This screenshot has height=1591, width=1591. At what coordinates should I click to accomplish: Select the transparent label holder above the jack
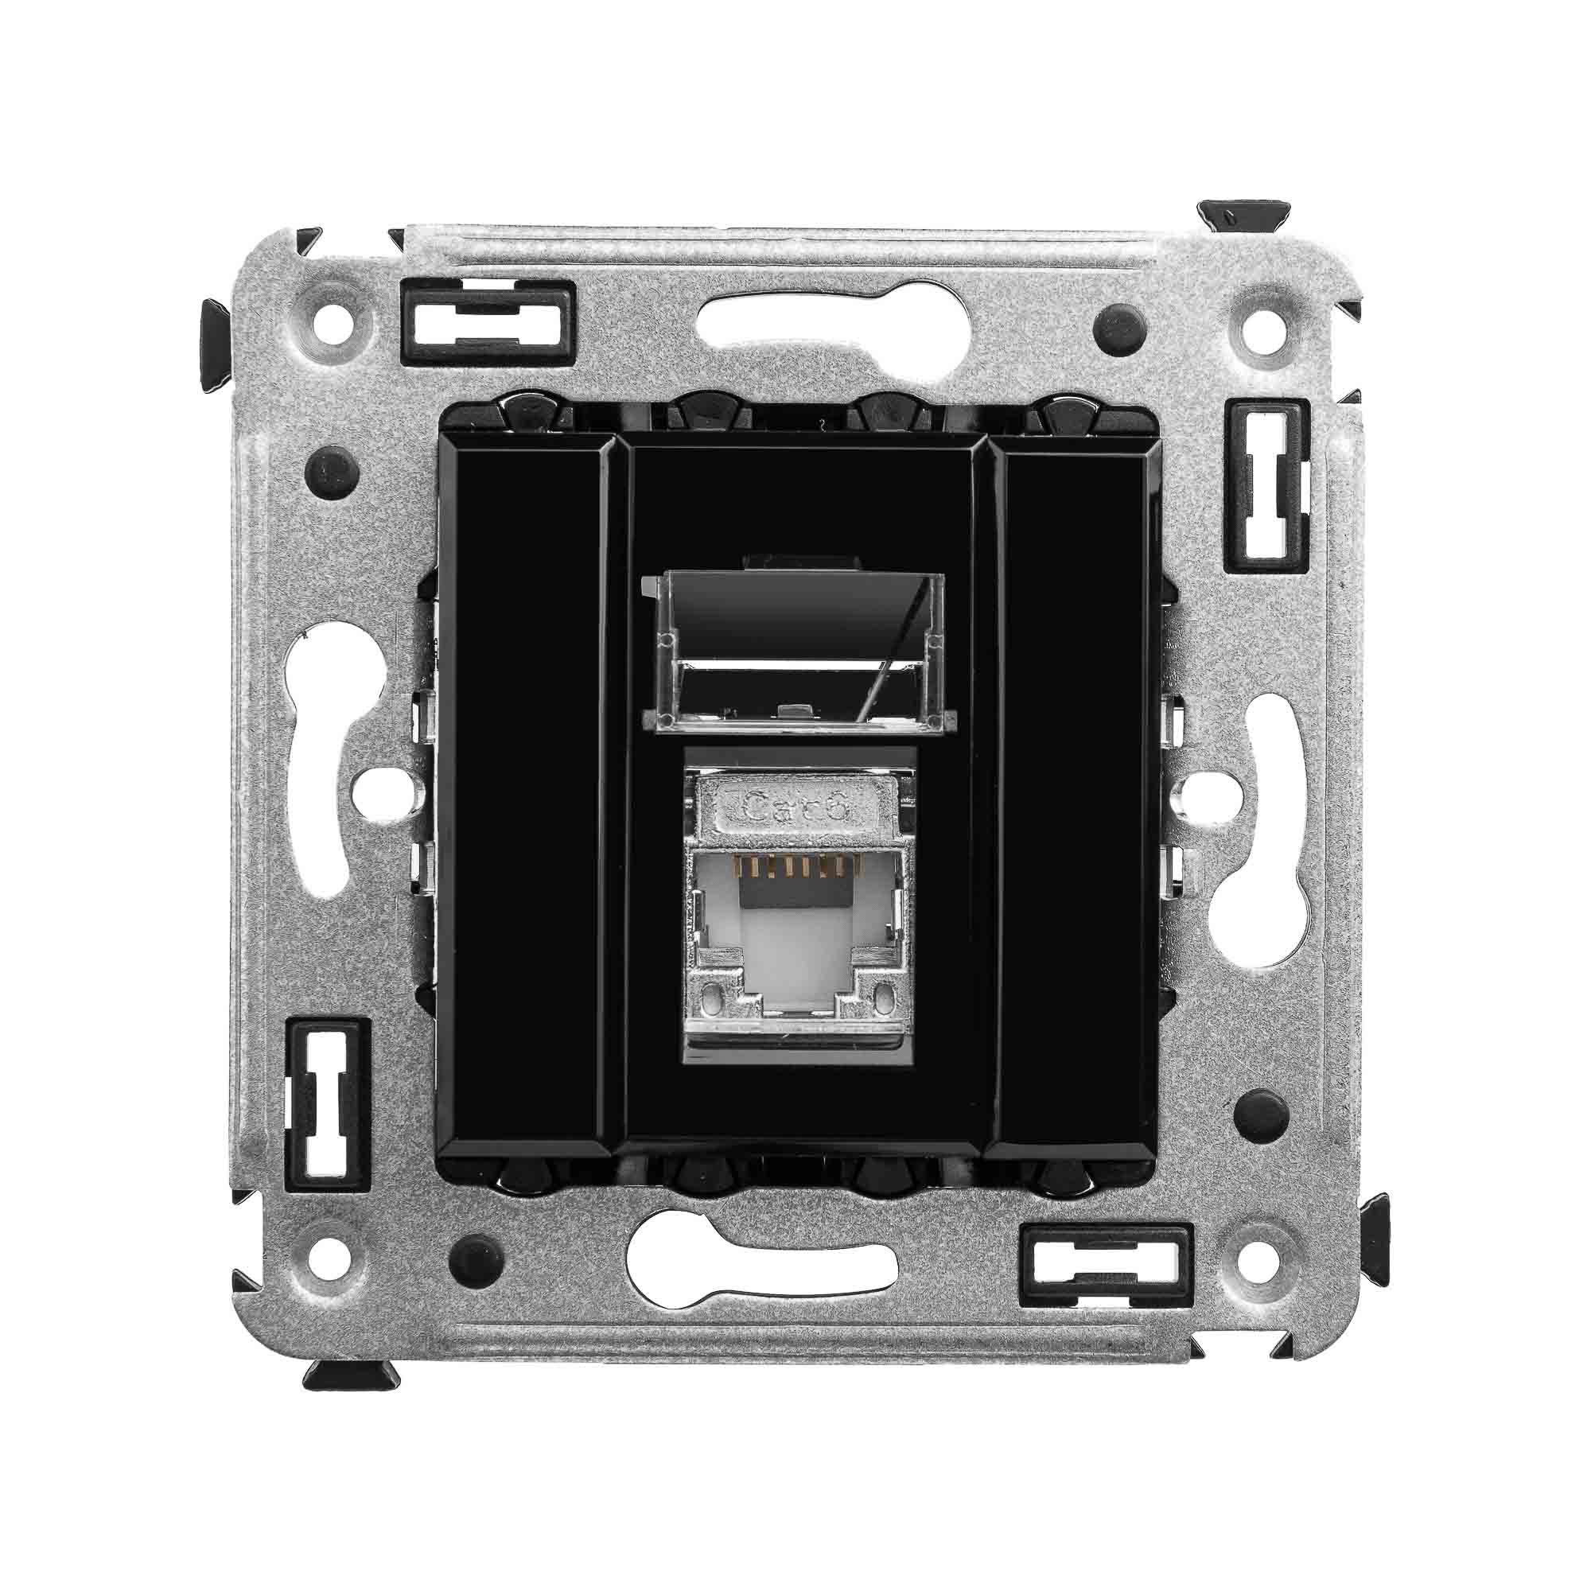point(795,650)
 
